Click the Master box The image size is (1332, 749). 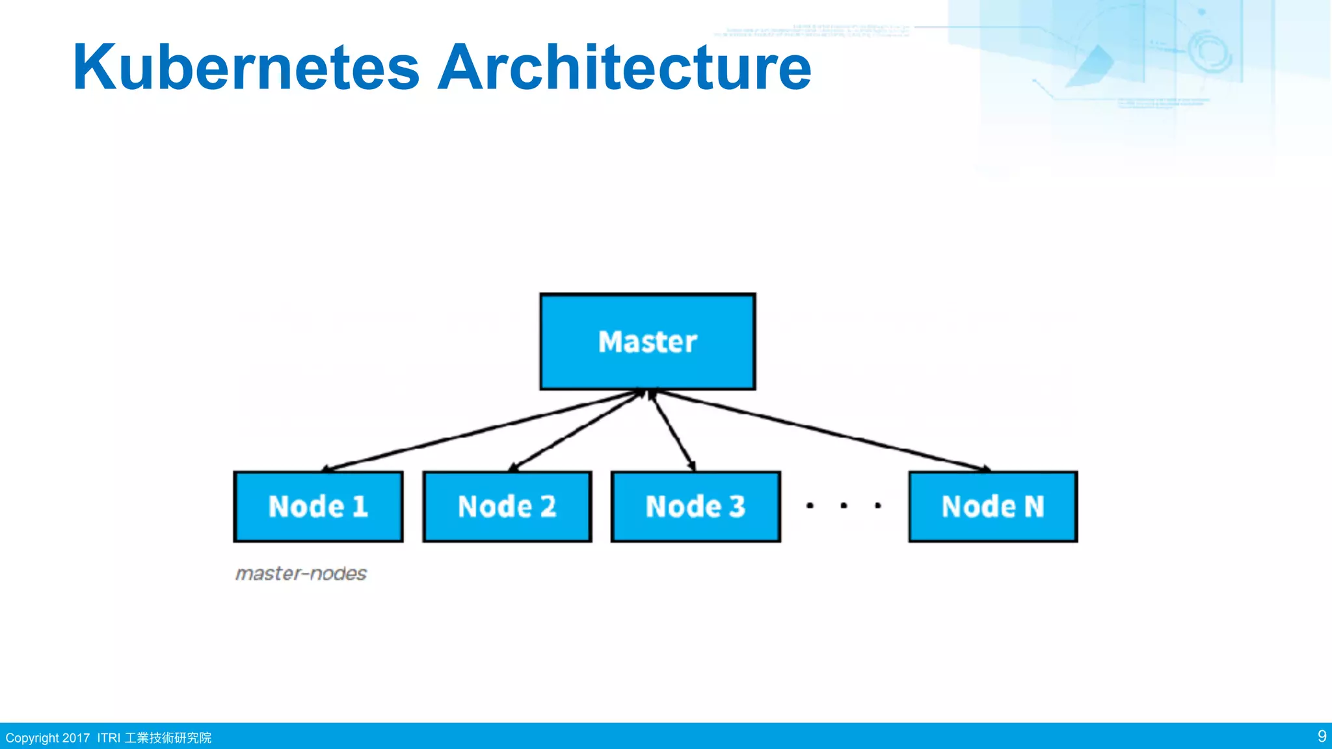tap(647, 342)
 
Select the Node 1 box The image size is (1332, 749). tap(318, 506)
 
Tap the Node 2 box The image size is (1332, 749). tap(507, 506)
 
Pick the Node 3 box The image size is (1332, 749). tap(695, 506)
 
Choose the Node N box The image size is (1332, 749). tap(992, 506)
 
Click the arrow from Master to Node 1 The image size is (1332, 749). tap(481, 430)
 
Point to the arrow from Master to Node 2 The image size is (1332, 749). tap(576, 430)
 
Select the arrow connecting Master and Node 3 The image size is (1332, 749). tap(673, 430)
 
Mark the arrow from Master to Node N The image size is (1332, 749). tap(823, 430)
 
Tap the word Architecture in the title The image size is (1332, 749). tap(624, 68)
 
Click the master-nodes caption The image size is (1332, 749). tap(301, 573)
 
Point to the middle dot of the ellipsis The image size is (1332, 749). tap(844, 505)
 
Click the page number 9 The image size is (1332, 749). tap(1322, 736)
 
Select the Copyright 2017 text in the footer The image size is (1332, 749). tap(47, 738)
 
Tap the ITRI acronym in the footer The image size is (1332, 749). tap(109, 738)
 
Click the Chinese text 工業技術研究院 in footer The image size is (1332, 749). tap(168, 738)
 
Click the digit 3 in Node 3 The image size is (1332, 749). tap(736, 506)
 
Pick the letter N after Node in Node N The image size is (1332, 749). tap(1034, 506)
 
